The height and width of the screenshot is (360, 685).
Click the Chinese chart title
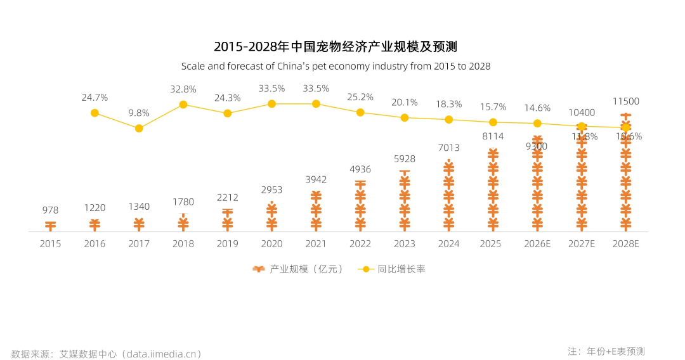336,46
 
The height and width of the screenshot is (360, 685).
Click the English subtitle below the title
336,66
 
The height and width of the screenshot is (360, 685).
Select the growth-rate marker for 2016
95,113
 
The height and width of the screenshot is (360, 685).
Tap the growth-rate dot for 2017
139,128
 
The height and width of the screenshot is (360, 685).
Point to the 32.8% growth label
183,89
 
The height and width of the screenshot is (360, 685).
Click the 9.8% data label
139,113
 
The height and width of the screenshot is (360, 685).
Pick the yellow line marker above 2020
271,103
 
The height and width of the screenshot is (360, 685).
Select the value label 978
51,210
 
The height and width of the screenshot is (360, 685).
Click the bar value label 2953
271,190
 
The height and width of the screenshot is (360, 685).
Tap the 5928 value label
405,158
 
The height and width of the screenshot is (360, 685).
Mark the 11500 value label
626,101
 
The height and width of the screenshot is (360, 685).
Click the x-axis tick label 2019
228,243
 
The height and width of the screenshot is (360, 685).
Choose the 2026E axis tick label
537,243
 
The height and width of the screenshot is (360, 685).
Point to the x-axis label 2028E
626,243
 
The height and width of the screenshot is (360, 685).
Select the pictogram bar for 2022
360,206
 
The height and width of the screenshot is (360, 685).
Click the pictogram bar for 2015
51,226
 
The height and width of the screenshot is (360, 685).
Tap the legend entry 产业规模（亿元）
298,269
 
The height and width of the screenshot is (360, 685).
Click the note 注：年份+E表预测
606,351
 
